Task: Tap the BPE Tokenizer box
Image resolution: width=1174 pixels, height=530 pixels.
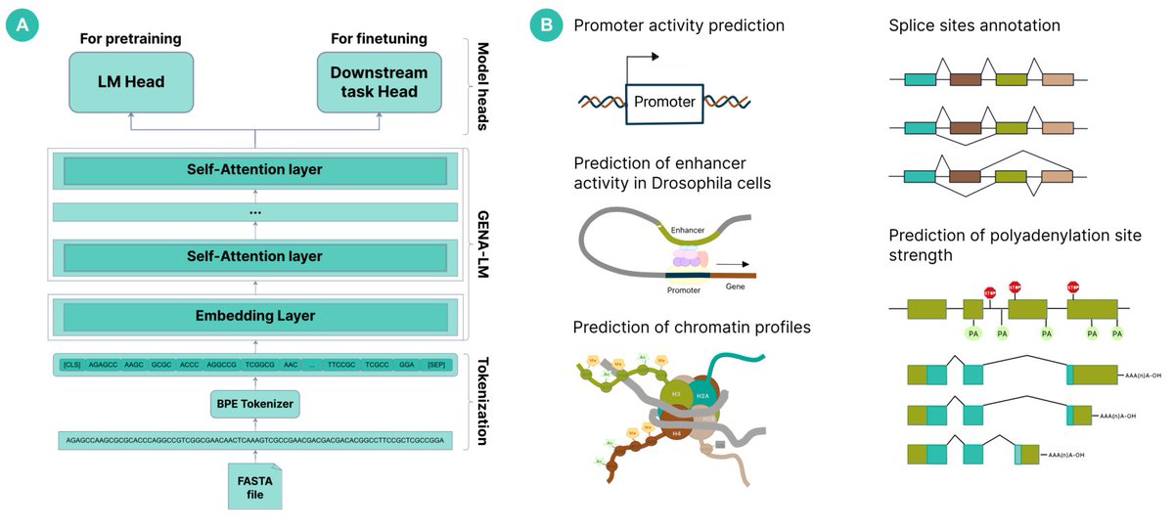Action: [253, 402]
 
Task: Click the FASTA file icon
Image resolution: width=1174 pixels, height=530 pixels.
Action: [253, 486]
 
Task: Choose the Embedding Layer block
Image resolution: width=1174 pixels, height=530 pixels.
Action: [255, 316]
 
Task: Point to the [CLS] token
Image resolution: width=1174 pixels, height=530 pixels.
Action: [71, 365]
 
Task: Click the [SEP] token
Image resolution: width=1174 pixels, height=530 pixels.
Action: [436, 365]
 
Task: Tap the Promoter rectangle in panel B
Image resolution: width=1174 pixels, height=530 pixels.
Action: [664, 102]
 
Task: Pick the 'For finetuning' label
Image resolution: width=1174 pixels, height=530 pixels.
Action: [379, 38]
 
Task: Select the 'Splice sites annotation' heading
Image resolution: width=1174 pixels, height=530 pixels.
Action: [974, 24]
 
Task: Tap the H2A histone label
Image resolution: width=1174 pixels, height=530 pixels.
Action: [703, 393]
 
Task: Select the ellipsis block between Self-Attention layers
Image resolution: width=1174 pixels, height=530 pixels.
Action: [255, 212]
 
